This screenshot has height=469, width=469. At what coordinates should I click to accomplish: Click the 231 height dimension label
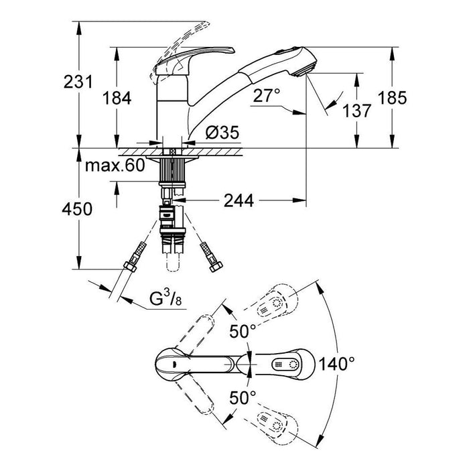(77, 83)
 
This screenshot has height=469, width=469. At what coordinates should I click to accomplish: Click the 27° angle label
(267, 96)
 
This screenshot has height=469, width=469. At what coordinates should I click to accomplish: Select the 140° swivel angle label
(336, 364)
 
